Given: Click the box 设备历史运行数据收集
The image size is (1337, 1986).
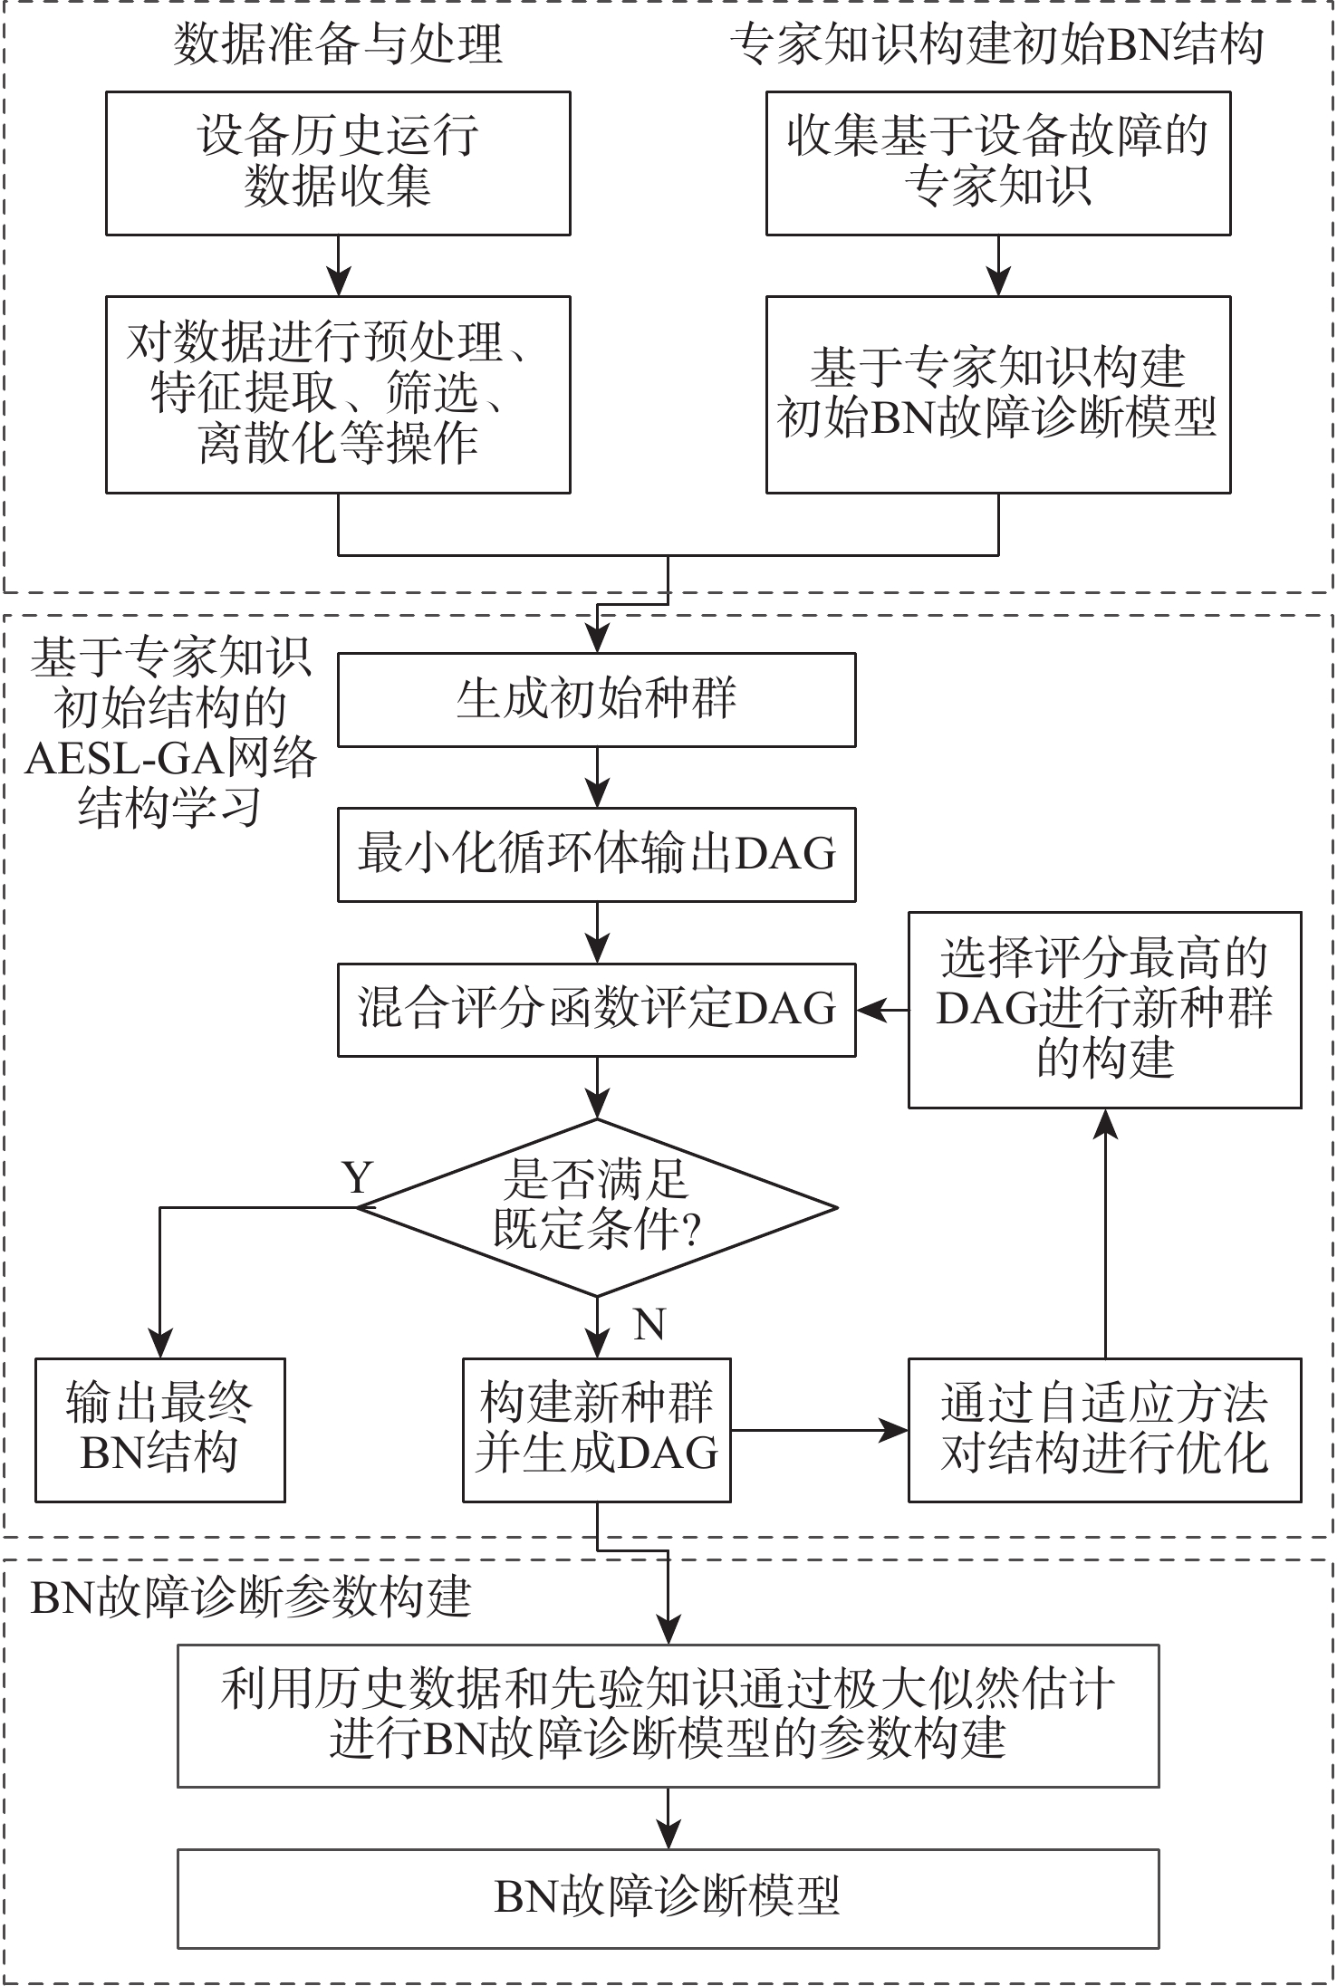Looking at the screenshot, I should tap(338, 163).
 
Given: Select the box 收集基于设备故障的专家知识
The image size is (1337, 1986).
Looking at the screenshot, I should tap(997, 163).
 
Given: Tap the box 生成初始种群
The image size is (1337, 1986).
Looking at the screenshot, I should tap(596, 700).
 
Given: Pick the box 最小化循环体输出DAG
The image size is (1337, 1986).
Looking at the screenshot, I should tap(596, 855).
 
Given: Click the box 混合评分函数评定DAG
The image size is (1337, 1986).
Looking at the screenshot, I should tap(596, 1010).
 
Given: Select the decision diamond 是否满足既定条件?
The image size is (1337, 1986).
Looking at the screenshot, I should tap(596, 1207).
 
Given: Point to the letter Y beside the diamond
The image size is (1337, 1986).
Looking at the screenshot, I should tap(359, 1178).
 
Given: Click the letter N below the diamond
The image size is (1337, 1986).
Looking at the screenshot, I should tap(649, 1325).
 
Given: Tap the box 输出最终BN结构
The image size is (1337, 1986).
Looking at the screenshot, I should tap(159, 1430).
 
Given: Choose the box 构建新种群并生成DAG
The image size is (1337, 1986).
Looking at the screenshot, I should tap(596, 1430).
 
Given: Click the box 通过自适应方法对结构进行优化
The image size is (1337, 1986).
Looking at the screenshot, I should tap(1104, 1430).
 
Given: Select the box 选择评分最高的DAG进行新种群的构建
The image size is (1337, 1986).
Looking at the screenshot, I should tap(1104, 1010).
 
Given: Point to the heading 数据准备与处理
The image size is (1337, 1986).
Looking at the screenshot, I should tap(338, 43).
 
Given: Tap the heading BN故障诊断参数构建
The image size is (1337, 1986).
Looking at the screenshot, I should tap(251, 1598).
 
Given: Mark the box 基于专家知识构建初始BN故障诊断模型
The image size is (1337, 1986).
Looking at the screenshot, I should tap(997, 394).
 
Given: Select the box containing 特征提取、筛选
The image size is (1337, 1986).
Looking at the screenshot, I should tap(338, 394).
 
